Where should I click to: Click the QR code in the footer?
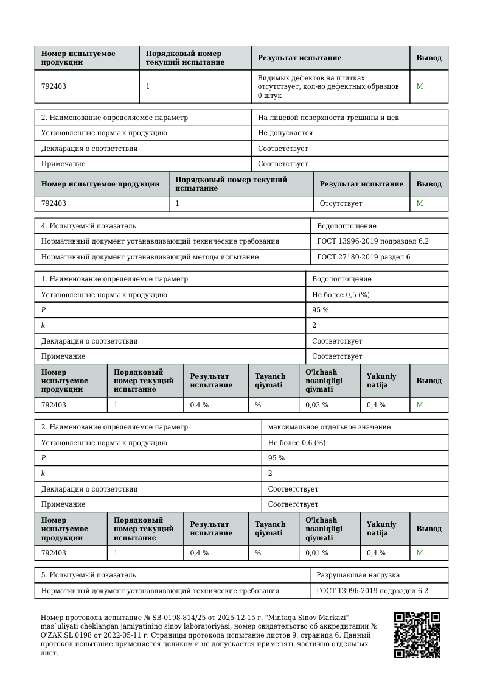pyautogui.click(x=417, y=635)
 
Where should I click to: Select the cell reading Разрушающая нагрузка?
pyautogui.click(x=358, y=575)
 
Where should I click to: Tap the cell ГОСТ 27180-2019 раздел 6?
pyautogui.click(x=363, y=257)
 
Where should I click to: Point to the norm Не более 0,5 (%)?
pyautogui.click(x=341, y=295)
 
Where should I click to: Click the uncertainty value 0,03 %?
pyautogui.click(x=316, y=405)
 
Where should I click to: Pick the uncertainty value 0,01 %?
pyautogui.click(x=316, y=553)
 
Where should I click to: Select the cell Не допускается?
pyautogui.click(x=285, y=133)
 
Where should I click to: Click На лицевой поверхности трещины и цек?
pyautogui.click(x=328, y=118)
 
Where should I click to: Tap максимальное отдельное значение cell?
pyautogui.click(x=329, y=427)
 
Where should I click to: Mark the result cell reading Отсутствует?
pyautogui.click(x=341, y=203)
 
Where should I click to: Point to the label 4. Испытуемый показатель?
pyautogui.click(x=85, y=226)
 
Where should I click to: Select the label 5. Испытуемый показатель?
pyautogui.click(x=85, y=575)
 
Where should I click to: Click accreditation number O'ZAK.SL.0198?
pyautogui.click(x=69, y=635)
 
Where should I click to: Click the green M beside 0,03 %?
pyautogui.click(x=419, y=405)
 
